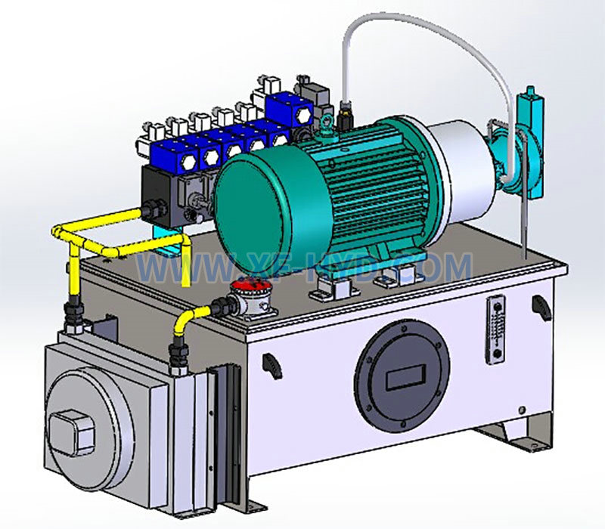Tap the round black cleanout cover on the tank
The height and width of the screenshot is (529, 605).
point(402,376)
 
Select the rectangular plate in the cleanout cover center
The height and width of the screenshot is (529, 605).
point(405,377)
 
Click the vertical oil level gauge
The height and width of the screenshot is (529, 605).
point(495,329)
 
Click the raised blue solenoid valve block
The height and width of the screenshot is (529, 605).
point(289,110)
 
